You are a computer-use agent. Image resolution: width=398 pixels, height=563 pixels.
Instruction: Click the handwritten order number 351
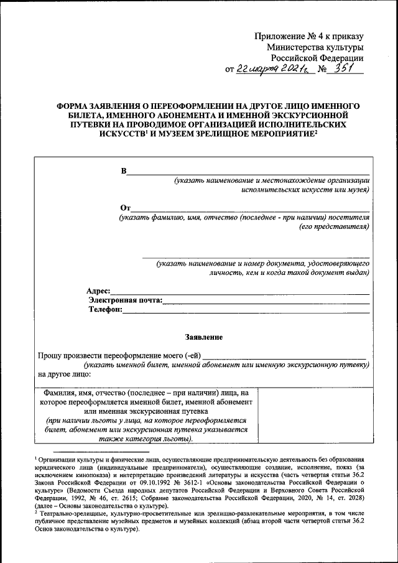point(345,69)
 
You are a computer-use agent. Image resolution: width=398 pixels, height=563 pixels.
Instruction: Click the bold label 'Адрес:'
point(98,291)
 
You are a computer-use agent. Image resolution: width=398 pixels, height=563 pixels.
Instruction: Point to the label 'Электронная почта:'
point(126,300)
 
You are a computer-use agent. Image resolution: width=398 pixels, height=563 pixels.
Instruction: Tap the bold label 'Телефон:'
point(104,309)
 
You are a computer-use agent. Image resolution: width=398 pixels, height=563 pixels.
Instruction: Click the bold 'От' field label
point(125,207)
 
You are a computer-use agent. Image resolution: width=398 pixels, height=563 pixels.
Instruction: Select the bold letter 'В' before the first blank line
point(123,171)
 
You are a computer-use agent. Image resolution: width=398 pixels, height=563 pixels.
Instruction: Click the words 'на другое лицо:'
point(64,375)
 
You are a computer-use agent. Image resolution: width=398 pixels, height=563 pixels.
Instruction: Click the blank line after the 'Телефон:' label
point(246,310)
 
